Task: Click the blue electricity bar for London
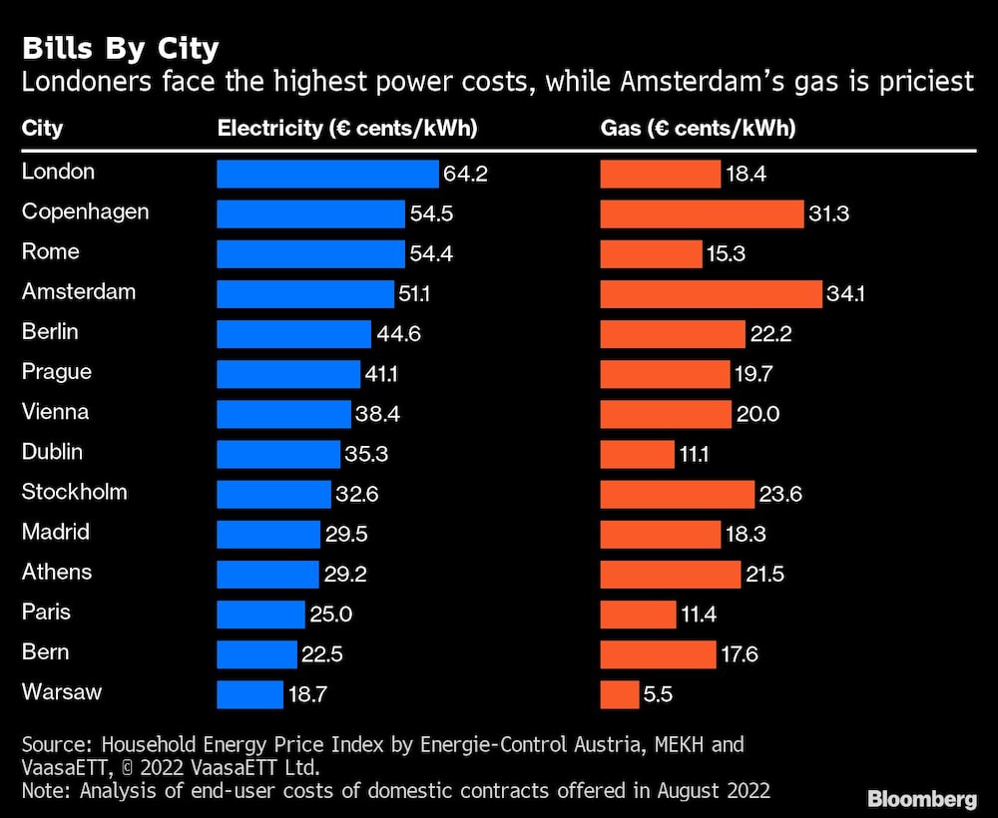pos(327,174)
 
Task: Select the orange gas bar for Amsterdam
pos(711,293)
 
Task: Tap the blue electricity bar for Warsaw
pos(249,693)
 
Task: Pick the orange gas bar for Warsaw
pos(620,693)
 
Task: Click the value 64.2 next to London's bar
pos(465,174)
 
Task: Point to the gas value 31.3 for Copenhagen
pos(829,213)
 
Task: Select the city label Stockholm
pos(75,492)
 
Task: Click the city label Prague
pos(57,372)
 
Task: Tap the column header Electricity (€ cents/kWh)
pos(347,129)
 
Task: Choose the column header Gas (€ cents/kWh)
pos(698,129)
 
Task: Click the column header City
pos(42,129)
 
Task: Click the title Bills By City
pos(120,49)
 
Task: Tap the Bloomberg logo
pos(921,798)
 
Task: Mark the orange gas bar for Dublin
pos(637,454)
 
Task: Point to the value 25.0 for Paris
pos(330,613)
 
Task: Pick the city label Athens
pos(57,572)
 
